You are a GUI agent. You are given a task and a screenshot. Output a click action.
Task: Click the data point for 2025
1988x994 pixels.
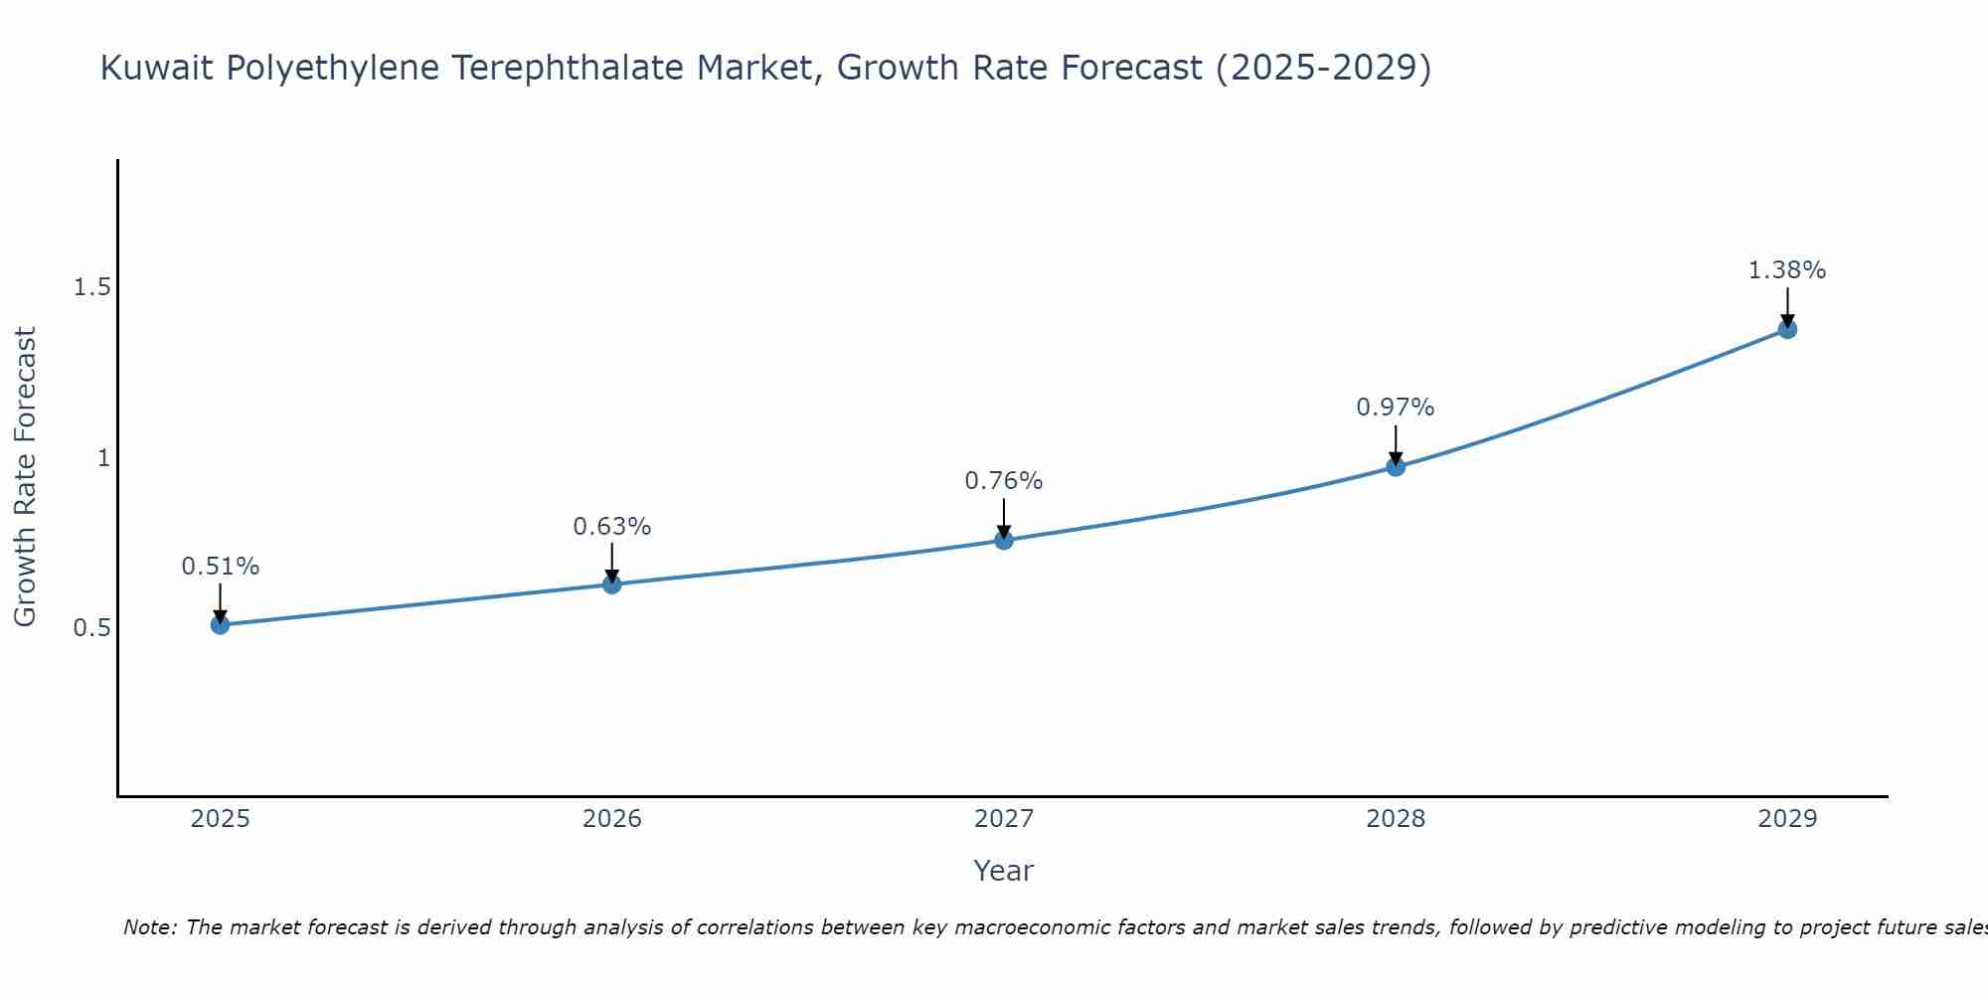(x=221, y=624)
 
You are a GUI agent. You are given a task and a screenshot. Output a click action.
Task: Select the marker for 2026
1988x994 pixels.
(x=612, y=584)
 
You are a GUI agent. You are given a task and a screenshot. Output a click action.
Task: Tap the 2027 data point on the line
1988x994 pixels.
(x=1004, y=540)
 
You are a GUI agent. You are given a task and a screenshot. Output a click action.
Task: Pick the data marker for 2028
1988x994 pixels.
(x=1396, y=466)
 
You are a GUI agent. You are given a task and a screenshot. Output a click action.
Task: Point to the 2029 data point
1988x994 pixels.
(x=1787, y=329)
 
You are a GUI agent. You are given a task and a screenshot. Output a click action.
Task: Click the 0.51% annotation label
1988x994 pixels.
(x=221, y=567)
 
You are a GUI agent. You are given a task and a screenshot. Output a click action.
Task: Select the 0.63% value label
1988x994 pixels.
(x=612, y=527)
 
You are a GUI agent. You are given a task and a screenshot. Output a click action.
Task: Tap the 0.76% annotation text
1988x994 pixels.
(x=1004, y=481)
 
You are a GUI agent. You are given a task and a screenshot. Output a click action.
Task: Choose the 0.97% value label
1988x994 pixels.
(x=1396, y=408)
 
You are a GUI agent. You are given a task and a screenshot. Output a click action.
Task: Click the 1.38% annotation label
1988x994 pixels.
(x=1787, y=270)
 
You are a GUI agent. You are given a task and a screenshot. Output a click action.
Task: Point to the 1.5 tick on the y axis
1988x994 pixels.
(x=91, y=287)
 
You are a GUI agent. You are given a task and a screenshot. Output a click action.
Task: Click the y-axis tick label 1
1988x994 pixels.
(x=102, y=458)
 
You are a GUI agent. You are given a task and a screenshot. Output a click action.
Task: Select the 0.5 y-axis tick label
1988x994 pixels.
(x=91, y=628)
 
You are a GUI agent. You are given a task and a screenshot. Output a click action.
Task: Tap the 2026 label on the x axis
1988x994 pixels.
(x=612, y=819)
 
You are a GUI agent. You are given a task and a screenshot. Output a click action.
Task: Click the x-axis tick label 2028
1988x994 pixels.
(x=1396, y=819)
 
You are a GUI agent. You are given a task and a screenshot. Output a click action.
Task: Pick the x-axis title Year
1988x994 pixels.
(x=1004, y=871)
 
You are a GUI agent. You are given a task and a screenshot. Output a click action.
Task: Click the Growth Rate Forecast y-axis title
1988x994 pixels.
(x=26, y=477)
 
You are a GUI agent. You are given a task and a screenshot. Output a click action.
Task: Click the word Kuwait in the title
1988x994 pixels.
(x=158, y=68)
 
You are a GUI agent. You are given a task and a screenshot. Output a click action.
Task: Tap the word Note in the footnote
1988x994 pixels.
(x=149, y=927)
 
